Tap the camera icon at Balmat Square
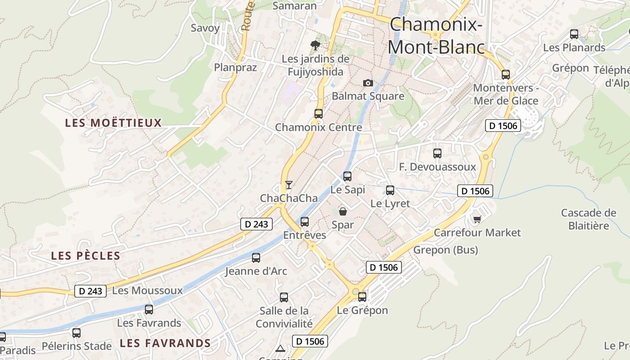[x=368, y=83]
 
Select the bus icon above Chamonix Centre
[x=319, y=114]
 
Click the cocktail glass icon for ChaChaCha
[x=288, y=185]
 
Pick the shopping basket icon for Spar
[x=343, y=211]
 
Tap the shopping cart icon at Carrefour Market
[x=477, y=219]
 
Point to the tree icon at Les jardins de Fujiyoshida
[x=315, y=45]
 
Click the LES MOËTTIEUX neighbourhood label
[x=113, y=123]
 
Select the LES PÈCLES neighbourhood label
[x=85, y=256]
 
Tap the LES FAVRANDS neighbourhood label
[x=165, y=343]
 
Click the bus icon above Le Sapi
[x=347, y=176]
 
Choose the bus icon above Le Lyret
[x=390, y=190]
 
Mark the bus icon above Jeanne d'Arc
[x=256, y=258]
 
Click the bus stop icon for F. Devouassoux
[x=437, y=153]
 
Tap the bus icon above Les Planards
[x=574, y=34]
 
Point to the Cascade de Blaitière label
[x=589, y=219]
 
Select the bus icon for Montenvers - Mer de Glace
[x=506, y=75]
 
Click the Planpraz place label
[x=235, y=67]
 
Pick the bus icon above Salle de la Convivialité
[x=284, y=297]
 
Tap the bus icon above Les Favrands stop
[x=149, y=310]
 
